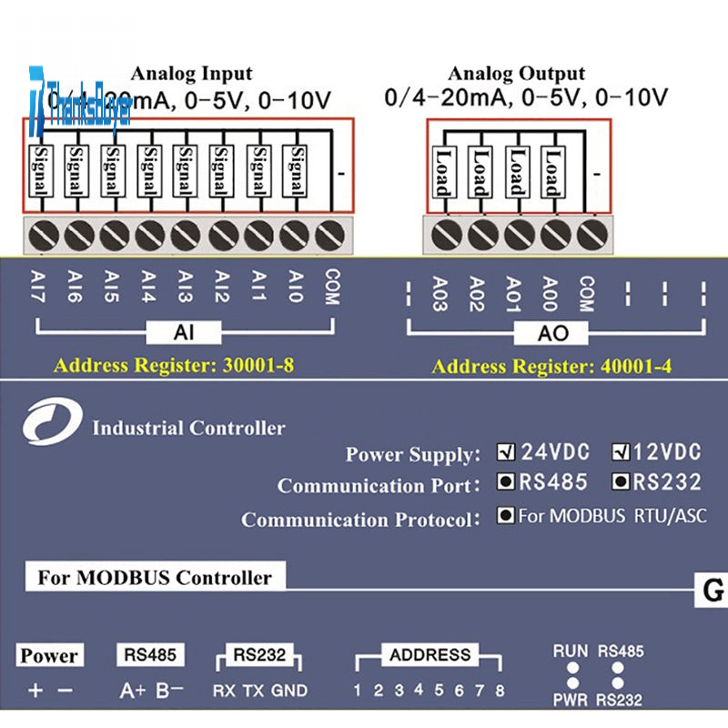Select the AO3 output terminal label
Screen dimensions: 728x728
[440, 293]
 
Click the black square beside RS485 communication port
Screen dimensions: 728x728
[504, 481]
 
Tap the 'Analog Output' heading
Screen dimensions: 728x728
[516, 74]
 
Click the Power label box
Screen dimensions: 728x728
[49, 655]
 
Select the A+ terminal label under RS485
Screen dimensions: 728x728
[132, 691]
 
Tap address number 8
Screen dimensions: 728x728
[499, 691]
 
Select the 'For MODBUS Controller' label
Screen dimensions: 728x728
[155, 577]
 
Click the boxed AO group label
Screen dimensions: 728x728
[553, 333]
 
